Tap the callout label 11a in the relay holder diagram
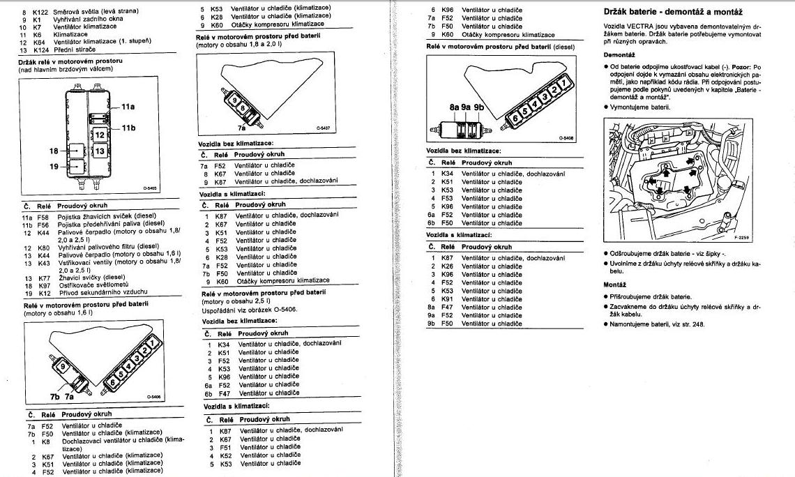128,107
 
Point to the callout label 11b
128,128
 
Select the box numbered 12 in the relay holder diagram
100,135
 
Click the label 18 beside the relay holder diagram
54,151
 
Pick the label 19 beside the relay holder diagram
54,167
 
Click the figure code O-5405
151,188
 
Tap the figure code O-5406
154,397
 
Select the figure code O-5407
321,129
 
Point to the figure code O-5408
566,138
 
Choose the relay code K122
41,12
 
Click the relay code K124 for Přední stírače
41,50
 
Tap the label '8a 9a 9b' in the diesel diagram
467,107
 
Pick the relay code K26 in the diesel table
447,266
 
